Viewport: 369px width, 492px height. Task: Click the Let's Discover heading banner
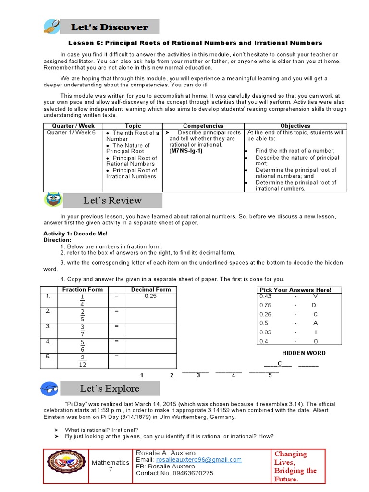point(110,27)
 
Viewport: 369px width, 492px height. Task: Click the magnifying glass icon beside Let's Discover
point(51,27)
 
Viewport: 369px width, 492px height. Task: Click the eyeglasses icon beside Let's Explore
point(52,388)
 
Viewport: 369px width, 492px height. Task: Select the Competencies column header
point(203,126)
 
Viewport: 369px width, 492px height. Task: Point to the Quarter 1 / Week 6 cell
point(71,133)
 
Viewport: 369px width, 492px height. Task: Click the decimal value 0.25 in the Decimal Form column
point(151,296)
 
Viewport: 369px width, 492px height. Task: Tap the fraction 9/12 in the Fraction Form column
point(82,360)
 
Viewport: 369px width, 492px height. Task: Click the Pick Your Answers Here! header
point(295,290)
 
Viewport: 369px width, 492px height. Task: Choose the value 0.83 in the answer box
point(265,332)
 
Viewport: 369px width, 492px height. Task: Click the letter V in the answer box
point(315,296)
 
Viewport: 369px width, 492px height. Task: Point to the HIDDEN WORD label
point(303,353)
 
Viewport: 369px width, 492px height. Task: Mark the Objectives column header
point(295,126)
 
